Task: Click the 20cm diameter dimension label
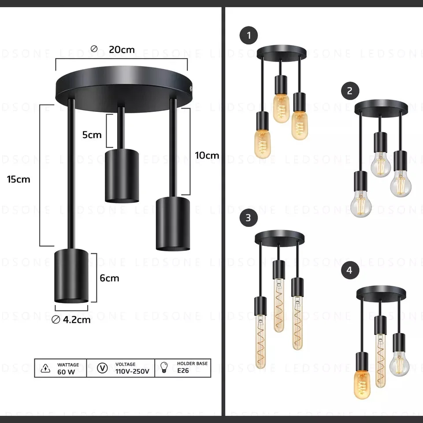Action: coord(122,49)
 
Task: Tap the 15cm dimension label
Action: coord(19,179)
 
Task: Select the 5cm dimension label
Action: coord(92,135)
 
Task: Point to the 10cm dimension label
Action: coord(207,156)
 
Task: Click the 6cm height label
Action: coord(109,278)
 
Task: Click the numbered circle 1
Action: coord(249,36)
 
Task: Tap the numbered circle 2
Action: coord(350,91)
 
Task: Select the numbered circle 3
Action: coord(249,217)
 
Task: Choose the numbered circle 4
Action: coord(350,270)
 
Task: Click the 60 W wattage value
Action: coord(66,371)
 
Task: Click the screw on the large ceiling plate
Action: coord(190,89)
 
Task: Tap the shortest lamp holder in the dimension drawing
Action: coord(122,176)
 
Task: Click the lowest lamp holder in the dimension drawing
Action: coord(71,276)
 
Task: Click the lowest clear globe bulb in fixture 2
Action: coord(361,204)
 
